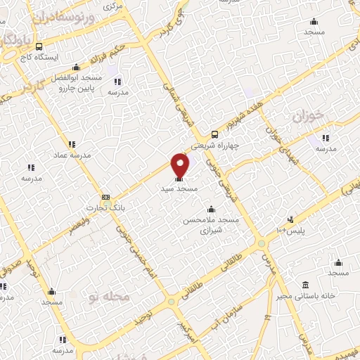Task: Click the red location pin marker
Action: pyautogui.click(x=181, y=165)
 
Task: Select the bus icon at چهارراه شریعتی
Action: pyautogui.click(x=215, y=134)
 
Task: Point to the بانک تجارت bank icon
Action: pyautogui.click(x=105, y=197)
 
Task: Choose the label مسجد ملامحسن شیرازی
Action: pyautogui.click(x=211, y=224)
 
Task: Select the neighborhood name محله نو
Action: pyautogui.click(x=109, y=297)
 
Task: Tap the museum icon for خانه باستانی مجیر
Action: pyautogui.click(x=304, y=285)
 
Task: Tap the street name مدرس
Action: pyautogui.click(x=267, y=264)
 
